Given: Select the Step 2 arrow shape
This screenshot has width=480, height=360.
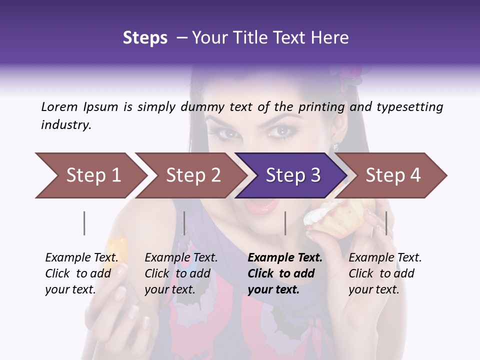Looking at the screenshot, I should click(192, 175).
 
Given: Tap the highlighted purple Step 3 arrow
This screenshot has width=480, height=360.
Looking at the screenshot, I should click(292, 175).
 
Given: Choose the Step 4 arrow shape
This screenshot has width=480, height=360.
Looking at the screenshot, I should click(392, 175).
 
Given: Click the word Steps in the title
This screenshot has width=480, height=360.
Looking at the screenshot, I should click(145, 37).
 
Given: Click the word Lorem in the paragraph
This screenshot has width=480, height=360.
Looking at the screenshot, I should click(59, 106).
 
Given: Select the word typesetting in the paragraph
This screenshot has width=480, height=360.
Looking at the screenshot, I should click(413, 106).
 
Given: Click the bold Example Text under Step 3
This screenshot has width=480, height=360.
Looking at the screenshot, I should click(285, 258).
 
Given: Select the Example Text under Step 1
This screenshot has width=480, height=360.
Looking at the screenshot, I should click(81, 258).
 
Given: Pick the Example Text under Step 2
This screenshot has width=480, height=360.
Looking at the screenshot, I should click(181, 258).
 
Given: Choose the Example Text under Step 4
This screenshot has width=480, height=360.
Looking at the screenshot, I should click(385, 258).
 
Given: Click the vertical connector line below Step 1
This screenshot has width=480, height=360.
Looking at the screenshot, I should click(84, 223).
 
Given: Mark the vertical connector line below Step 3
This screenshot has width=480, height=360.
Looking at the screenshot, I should click(285, 223).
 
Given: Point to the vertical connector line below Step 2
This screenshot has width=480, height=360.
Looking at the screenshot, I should click(184, 223).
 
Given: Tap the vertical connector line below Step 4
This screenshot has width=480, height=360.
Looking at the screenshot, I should click(386, 223).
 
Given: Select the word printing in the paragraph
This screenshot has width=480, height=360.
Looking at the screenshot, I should click(321, 106).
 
